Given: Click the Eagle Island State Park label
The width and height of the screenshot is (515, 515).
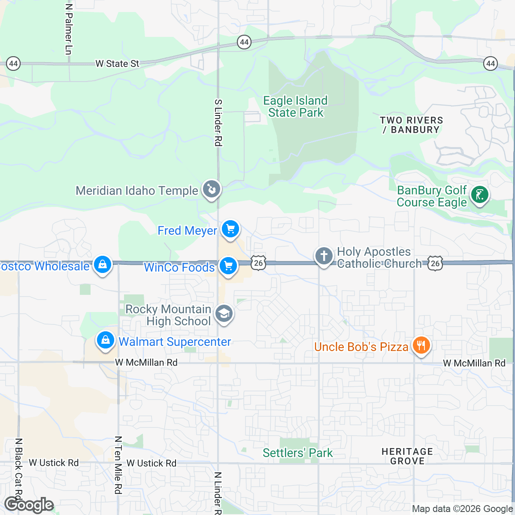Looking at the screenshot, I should click(295, 106).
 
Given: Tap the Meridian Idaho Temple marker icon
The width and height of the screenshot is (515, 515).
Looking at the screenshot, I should click(211, 189).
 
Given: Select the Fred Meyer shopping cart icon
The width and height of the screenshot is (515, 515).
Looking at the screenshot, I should click(230, 229).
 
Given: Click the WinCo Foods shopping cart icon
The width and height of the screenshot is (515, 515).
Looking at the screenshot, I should click(228, 266).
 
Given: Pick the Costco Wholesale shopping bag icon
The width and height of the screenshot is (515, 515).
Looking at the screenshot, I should click(103, 265).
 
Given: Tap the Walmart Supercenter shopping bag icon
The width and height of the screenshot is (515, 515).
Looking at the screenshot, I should click(105, 341).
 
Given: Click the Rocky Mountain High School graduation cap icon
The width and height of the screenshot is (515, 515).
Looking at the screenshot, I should click(224, 314).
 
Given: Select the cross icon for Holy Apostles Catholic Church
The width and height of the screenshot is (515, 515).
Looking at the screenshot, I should click(324, 256).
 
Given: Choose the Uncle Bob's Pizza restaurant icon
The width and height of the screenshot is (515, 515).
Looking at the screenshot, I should click(421, 345).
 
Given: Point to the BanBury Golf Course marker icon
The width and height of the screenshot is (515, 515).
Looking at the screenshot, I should click(479, 195).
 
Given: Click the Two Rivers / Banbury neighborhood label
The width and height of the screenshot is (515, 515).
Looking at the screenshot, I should click(411, 125).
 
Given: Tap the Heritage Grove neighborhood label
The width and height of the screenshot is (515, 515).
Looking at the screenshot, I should click(407, 456).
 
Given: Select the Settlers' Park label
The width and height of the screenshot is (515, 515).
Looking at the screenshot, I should click(297, 453).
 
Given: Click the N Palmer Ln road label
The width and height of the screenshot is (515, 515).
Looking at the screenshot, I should click(69, 29).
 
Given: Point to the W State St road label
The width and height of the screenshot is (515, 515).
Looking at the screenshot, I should click(117, 64).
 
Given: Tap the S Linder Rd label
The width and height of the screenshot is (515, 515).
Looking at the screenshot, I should click(218, 123).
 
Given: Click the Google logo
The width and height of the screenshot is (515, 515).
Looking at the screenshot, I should click(29, 505).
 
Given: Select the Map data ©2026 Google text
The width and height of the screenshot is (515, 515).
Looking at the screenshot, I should click(462, 509).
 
